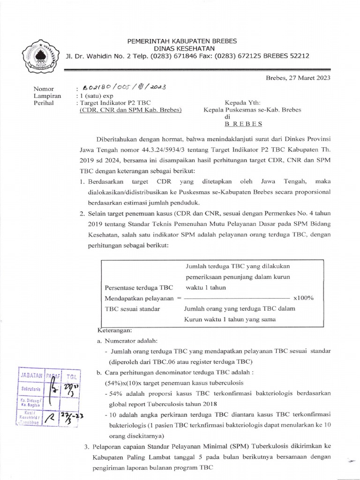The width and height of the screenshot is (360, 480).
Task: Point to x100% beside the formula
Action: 303,298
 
